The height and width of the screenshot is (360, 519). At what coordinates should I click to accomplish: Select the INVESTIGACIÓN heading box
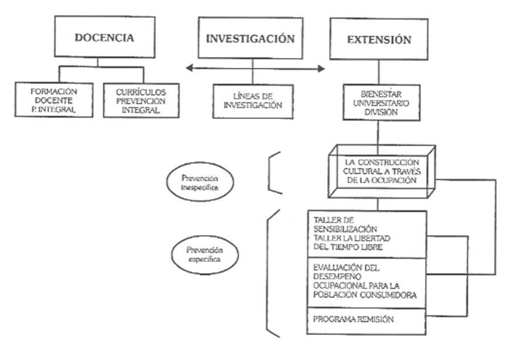[250, 38]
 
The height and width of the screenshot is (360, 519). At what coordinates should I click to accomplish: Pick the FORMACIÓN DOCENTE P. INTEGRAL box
[55, 100]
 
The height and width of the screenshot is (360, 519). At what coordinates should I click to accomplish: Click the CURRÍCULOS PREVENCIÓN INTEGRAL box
[141, 100]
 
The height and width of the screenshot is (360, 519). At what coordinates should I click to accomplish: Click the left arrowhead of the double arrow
[189, 69]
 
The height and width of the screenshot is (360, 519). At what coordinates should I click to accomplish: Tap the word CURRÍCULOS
[141, 91]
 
